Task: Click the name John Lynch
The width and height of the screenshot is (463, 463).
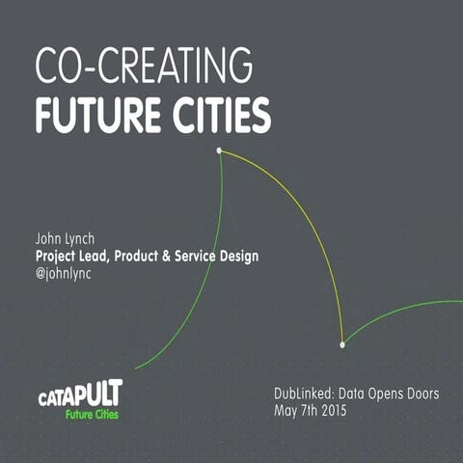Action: pyautogui.click(x=68, y=238)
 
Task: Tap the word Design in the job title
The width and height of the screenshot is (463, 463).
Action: pyautogui.click(x=237, y=256)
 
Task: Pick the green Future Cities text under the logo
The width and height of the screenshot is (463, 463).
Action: pyautogui.click(x=94, y=415)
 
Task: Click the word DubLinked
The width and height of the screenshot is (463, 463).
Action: pyautogui.click(x=302, y=395)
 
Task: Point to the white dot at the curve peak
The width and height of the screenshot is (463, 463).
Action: pyautogui.click(x=219, y=150)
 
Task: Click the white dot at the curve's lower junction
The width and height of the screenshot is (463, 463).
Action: pyautogui.click(x=342, y=344)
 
